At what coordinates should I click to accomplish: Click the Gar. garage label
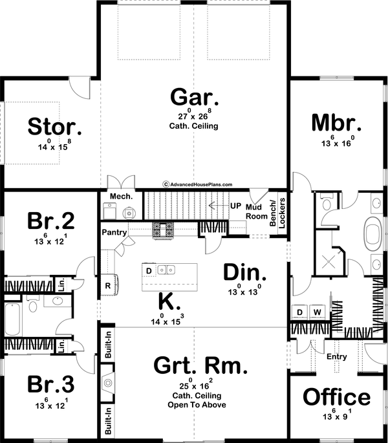pos(194,97)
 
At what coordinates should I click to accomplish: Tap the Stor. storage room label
pos(54,126)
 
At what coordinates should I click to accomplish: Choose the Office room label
pos(337,396)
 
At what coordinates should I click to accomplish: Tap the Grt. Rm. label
pos(200,367)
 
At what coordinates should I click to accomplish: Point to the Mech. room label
pos(122,196)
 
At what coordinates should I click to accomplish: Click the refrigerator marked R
pos(107,285)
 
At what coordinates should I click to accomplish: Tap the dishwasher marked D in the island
pos(149,270)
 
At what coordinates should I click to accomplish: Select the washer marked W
pos(318,312)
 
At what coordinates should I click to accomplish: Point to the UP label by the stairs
pos(236,206)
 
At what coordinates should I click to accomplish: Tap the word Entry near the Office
pos(337,356)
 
